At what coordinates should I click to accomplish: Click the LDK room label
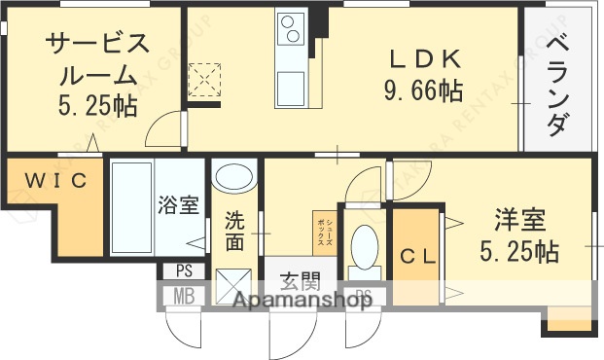pyautogui.click(x=423, y=59)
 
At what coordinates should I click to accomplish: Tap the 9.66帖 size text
pyautogui.click(x=423, y=92)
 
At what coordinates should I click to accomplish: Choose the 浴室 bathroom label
pyautogui.click(x=179, y=205)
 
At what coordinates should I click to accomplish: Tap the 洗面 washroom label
pyautogui.click(x=234, y=230)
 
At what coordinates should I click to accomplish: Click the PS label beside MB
pyautogui.click(x=184, y=270)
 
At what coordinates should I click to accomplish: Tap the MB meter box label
pyautogui.click(x=184, y=294)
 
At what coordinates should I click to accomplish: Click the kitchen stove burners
pyautogui.click(x=290, y=33)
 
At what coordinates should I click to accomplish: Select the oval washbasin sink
pyautogui.click(x=233, y=178)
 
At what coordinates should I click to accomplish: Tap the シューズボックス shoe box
pyautogui.click(x=323, y=233)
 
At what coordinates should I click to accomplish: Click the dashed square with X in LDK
pyautogui.click(x=204, y=80)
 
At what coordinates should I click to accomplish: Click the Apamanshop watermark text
pyautogui.click(x=301, y=302)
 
